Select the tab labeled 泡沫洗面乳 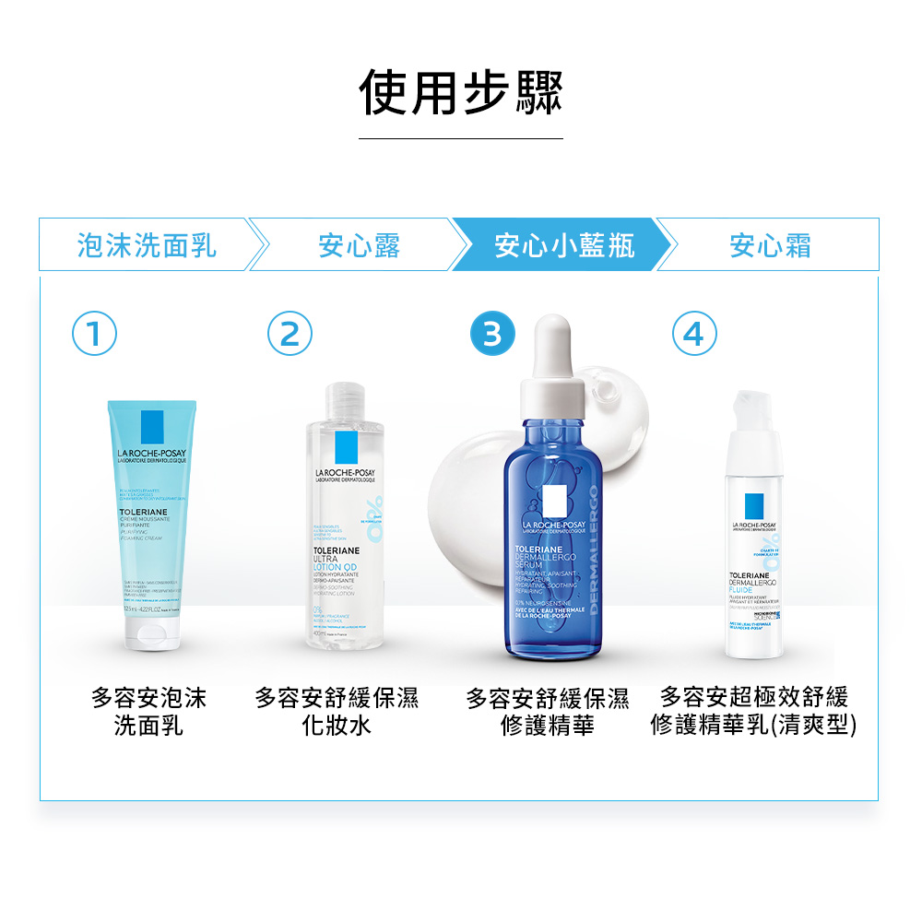(148, 245)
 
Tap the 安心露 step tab (359, 245)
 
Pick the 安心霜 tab (770, 245)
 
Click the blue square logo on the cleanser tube (152, 428)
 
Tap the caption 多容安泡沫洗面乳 (148, 711)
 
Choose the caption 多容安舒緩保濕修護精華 (548, 711)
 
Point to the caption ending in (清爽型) (753, 711)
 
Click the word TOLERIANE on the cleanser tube (141, 510)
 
